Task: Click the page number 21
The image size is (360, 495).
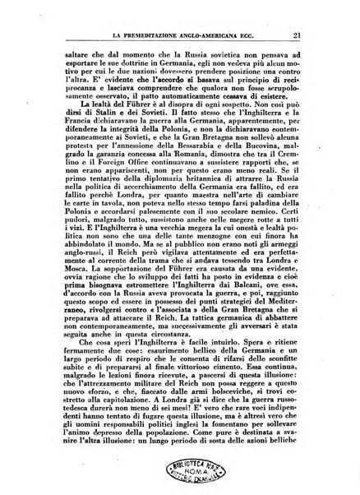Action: [x=303, y=33]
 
